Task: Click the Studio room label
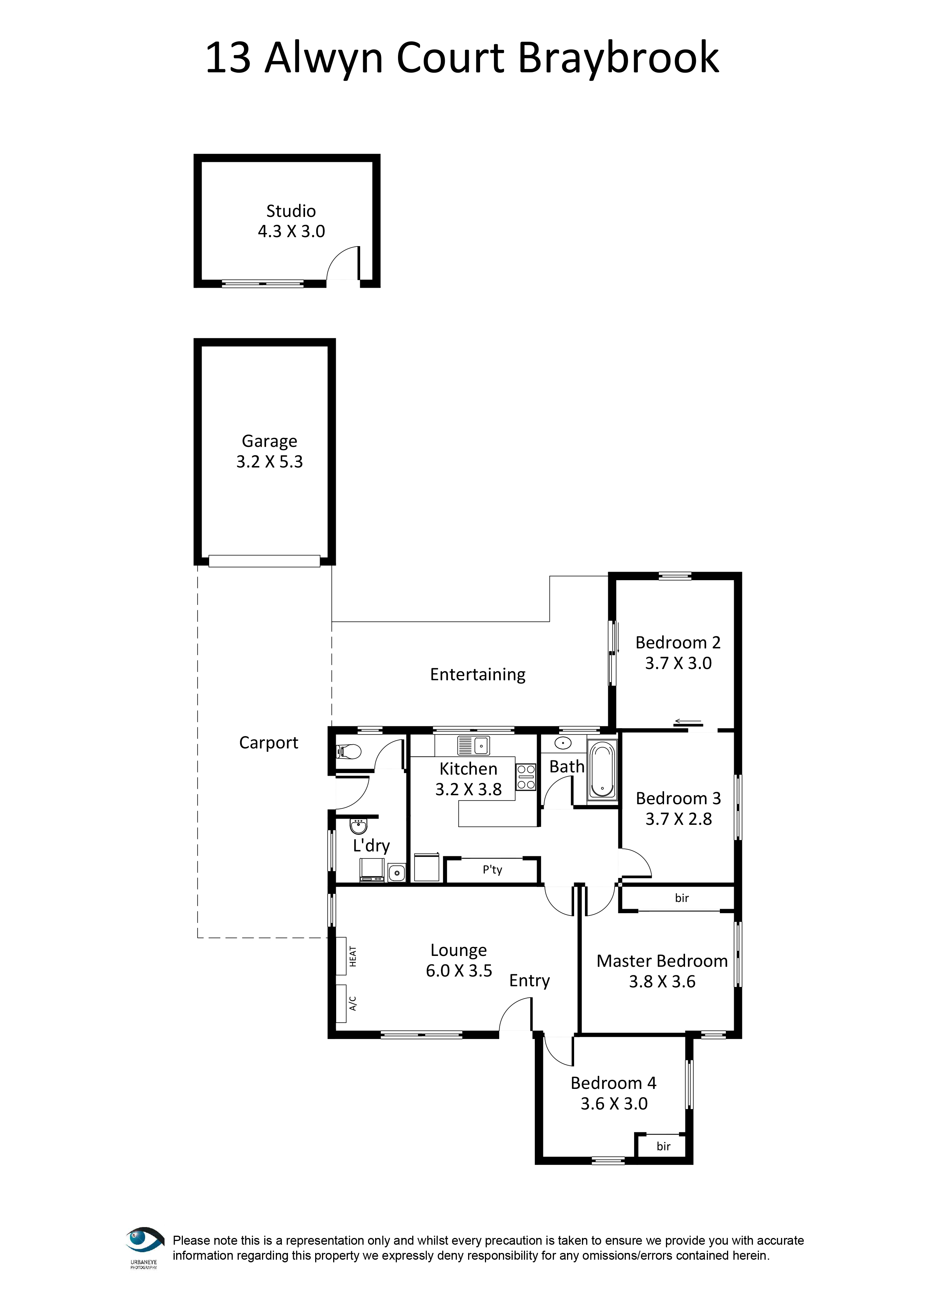pyautogui.click(x=291, y=211)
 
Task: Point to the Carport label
pyautogui.click(x=268, y=743)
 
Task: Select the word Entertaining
pyautogui.click(x=478, y=675)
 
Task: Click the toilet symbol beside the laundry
pyautogui.click(x=348, y=751)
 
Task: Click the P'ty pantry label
pyautogui.click(x=492, y=870)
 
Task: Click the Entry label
pyautogui.click(x=530, y=981)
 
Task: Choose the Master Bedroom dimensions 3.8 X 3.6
pyautogui.click(x=662, y=981)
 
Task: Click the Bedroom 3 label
pyautogui.click(x=678, y=798)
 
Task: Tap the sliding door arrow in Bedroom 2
pyautogui.click(x=687, y=722)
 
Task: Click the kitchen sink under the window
pyautogui.click(x=473, y=746)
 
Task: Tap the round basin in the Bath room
pyautogui.click(x=563, y=744)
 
